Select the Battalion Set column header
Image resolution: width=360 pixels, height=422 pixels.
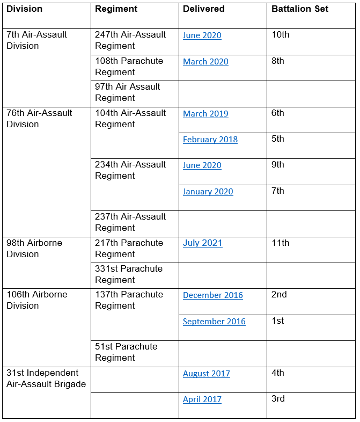coord(300,9)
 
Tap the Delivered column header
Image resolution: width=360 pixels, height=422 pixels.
coord(203,9)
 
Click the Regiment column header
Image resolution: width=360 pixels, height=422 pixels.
coord(116,9)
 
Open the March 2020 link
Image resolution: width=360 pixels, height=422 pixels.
coord(205,62)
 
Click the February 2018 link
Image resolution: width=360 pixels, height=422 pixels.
coord(210,140)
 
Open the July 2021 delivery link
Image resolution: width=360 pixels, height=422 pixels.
coord(202,243)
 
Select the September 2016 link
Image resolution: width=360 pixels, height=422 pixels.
coord(214,322)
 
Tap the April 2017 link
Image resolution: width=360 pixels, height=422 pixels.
coord(202,399)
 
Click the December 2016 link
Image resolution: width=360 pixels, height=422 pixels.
coord(212,295)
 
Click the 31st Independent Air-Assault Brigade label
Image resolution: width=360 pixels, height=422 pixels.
coord(46,379)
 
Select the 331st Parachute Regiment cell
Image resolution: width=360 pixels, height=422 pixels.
coord(129,274)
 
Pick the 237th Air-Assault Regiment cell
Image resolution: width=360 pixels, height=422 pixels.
coord(130,222)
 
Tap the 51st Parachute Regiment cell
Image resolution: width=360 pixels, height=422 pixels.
coord(126,352)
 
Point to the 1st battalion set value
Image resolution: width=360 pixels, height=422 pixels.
coord(277,321)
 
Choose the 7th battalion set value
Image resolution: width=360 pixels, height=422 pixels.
coord(277,191)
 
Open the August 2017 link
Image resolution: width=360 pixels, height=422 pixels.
coord(206,374)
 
